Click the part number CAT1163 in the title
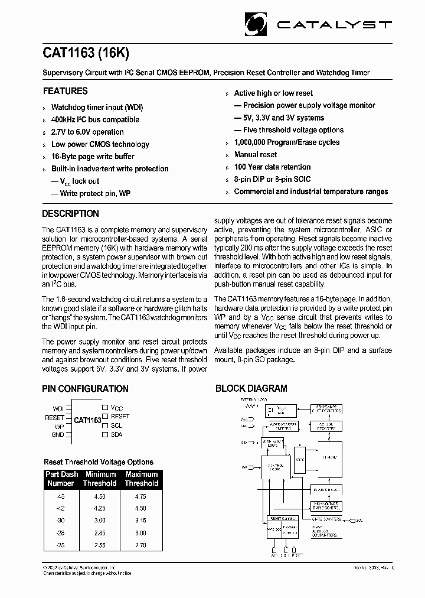point(68,52)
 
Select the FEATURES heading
point(65,91)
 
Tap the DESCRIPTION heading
point(71,213)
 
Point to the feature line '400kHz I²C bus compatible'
point(95,119)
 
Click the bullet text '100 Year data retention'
point(272,167)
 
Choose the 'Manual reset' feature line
point(255,154)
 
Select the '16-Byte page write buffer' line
point(93,157)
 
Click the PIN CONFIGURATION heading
point(85,389)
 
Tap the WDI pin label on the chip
point(58,408)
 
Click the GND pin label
point(57,434)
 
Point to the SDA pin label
point(116,434)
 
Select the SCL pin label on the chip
point(116,425)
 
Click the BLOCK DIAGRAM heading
point(251,389)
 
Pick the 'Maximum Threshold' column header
point(141,479)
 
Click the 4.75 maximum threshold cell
point(141,497)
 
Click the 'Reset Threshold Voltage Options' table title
point(99,462)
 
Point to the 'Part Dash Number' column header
point(61,479)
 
